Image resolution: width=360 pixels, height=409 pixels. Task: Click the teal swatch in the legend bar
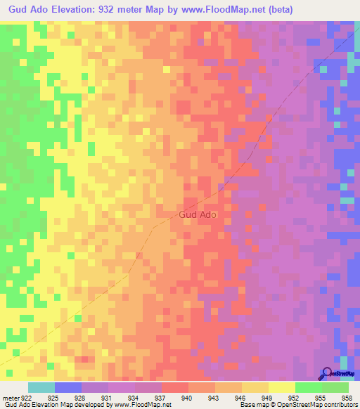[x=41, y=388]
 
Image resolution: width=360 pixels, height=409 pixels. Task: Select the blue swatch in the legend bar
[x=68, y=388]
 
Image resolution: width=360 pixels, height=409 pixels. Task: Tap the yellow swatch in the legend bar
[x=282, y=388]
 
